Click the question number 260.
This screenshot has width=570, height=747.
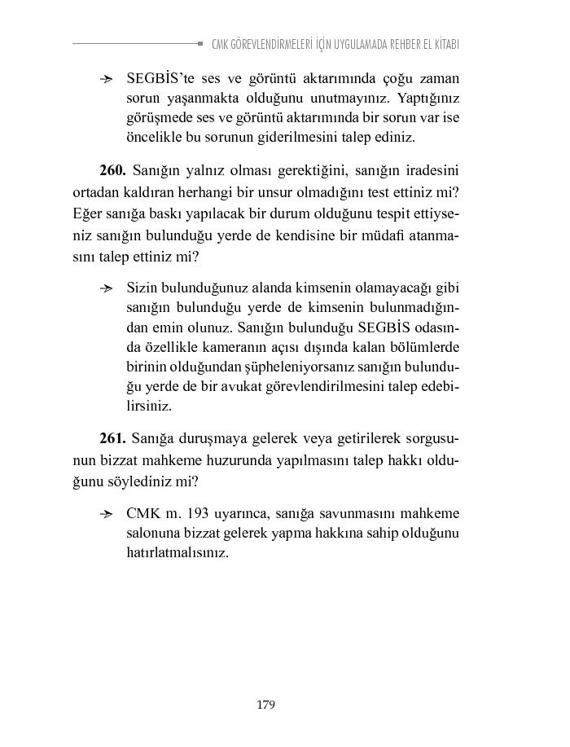point(112,170)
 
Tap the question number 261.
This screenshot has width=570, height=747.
point(112,438)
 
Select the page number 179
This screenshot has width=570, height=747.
point(265,705)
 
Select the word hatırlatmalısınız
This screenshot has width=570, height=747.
point(178,552)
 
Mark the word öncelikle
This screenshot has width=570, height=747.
point(156,138)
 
